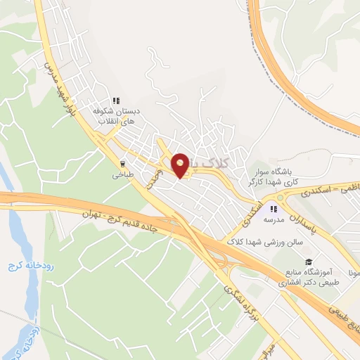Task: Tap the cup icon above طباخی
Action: [123, 165]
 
